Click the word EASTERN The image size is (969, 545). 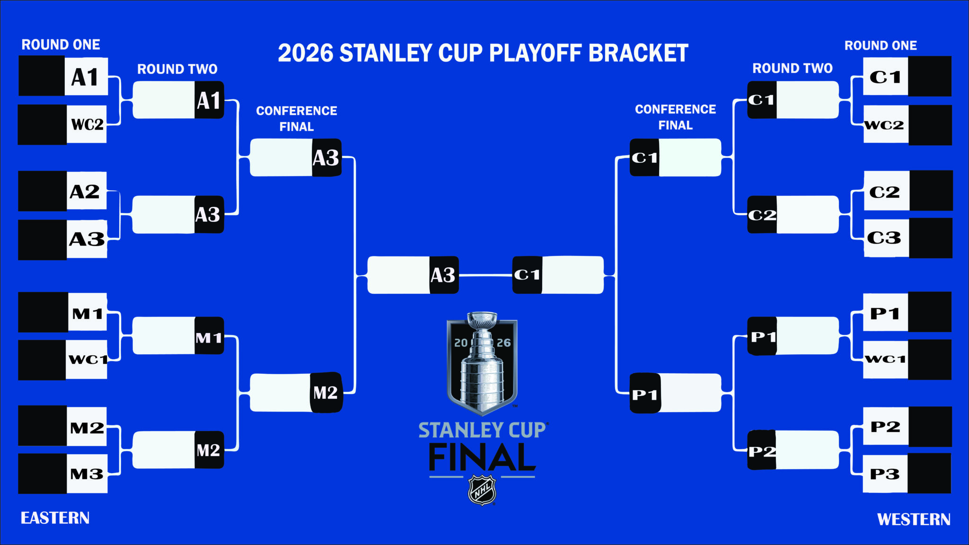(x=55, y=518)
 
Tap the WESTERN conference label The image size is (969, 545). (x=913, y=519)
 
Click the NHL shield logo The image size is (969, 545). (x=482, y=491)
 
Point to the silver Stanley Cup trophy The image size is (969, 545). (x=482, y=362)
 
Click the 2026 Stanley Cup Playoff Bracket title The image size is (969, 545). (x=483, y=53)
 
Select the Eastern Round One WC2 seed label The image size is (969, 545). (x=87, y=124)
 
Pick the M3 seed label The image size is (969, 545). (x=87, y=474)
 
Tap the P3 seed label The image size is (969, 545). (x=884, y=474)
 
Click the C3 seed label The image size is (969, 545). (x=884, y=238)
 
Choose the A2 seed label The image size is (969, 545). (x=85, y=192)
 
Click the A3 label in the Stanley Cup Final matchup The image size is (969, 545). (x=443, y=275)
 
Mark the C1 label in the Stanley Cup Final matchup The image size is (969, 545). (x=527, y=275)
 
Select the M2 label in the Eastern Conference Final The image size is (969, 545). (x=326, y=393)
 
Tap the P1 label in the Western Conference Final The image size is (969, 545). (x=645, y=395)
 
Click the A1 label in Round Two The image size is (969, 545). (x=209, y=100)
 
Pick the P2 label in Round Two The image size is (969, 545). (x=762, y=451)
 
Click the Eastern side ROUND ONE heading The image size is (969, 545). (x=61, y=45)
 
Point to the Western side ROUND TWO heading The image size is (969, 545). (x=792, y=69)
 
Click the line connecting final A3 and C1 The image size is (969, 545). (x=485, y=275)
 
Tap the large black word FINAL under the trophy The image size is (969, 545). (x=482, y=457)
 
